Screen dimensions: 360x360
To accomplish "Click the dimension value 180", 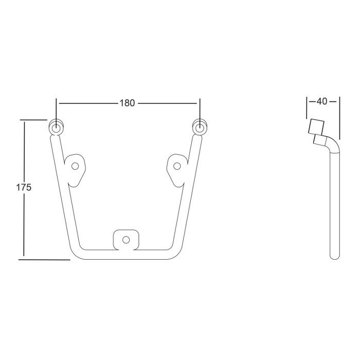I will click(127, 103).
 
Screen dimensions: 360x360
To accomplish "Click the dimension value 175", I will click(24, 188).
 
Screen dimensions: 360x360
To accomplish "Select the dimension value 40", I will click(322, 101).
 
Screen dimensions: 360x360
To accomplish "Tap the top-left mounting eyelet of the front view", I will click(56, 127).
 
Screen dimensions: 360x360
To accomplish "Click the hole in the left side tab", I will click(76, 166).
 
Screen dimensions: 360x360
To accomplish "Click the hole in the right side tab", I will click(178, 166).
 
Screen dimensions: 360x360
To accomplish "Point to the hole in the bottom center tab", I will click(126, 239).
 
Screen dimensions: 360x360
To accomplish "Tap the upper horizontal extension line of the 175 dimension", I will click(34, 119).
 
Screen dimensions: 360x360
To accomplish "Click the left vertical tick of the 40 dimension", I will click(307, 106).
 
